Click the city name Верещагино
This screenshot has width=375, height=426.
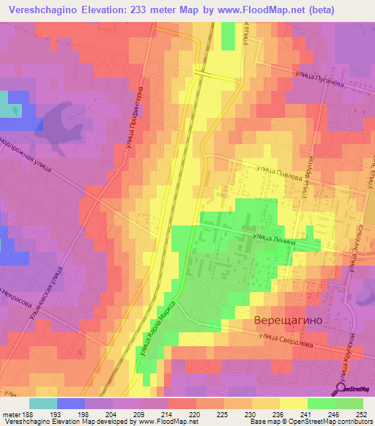(289, 321)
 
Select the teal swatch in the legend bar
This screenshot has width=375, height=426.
(43, 403)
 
